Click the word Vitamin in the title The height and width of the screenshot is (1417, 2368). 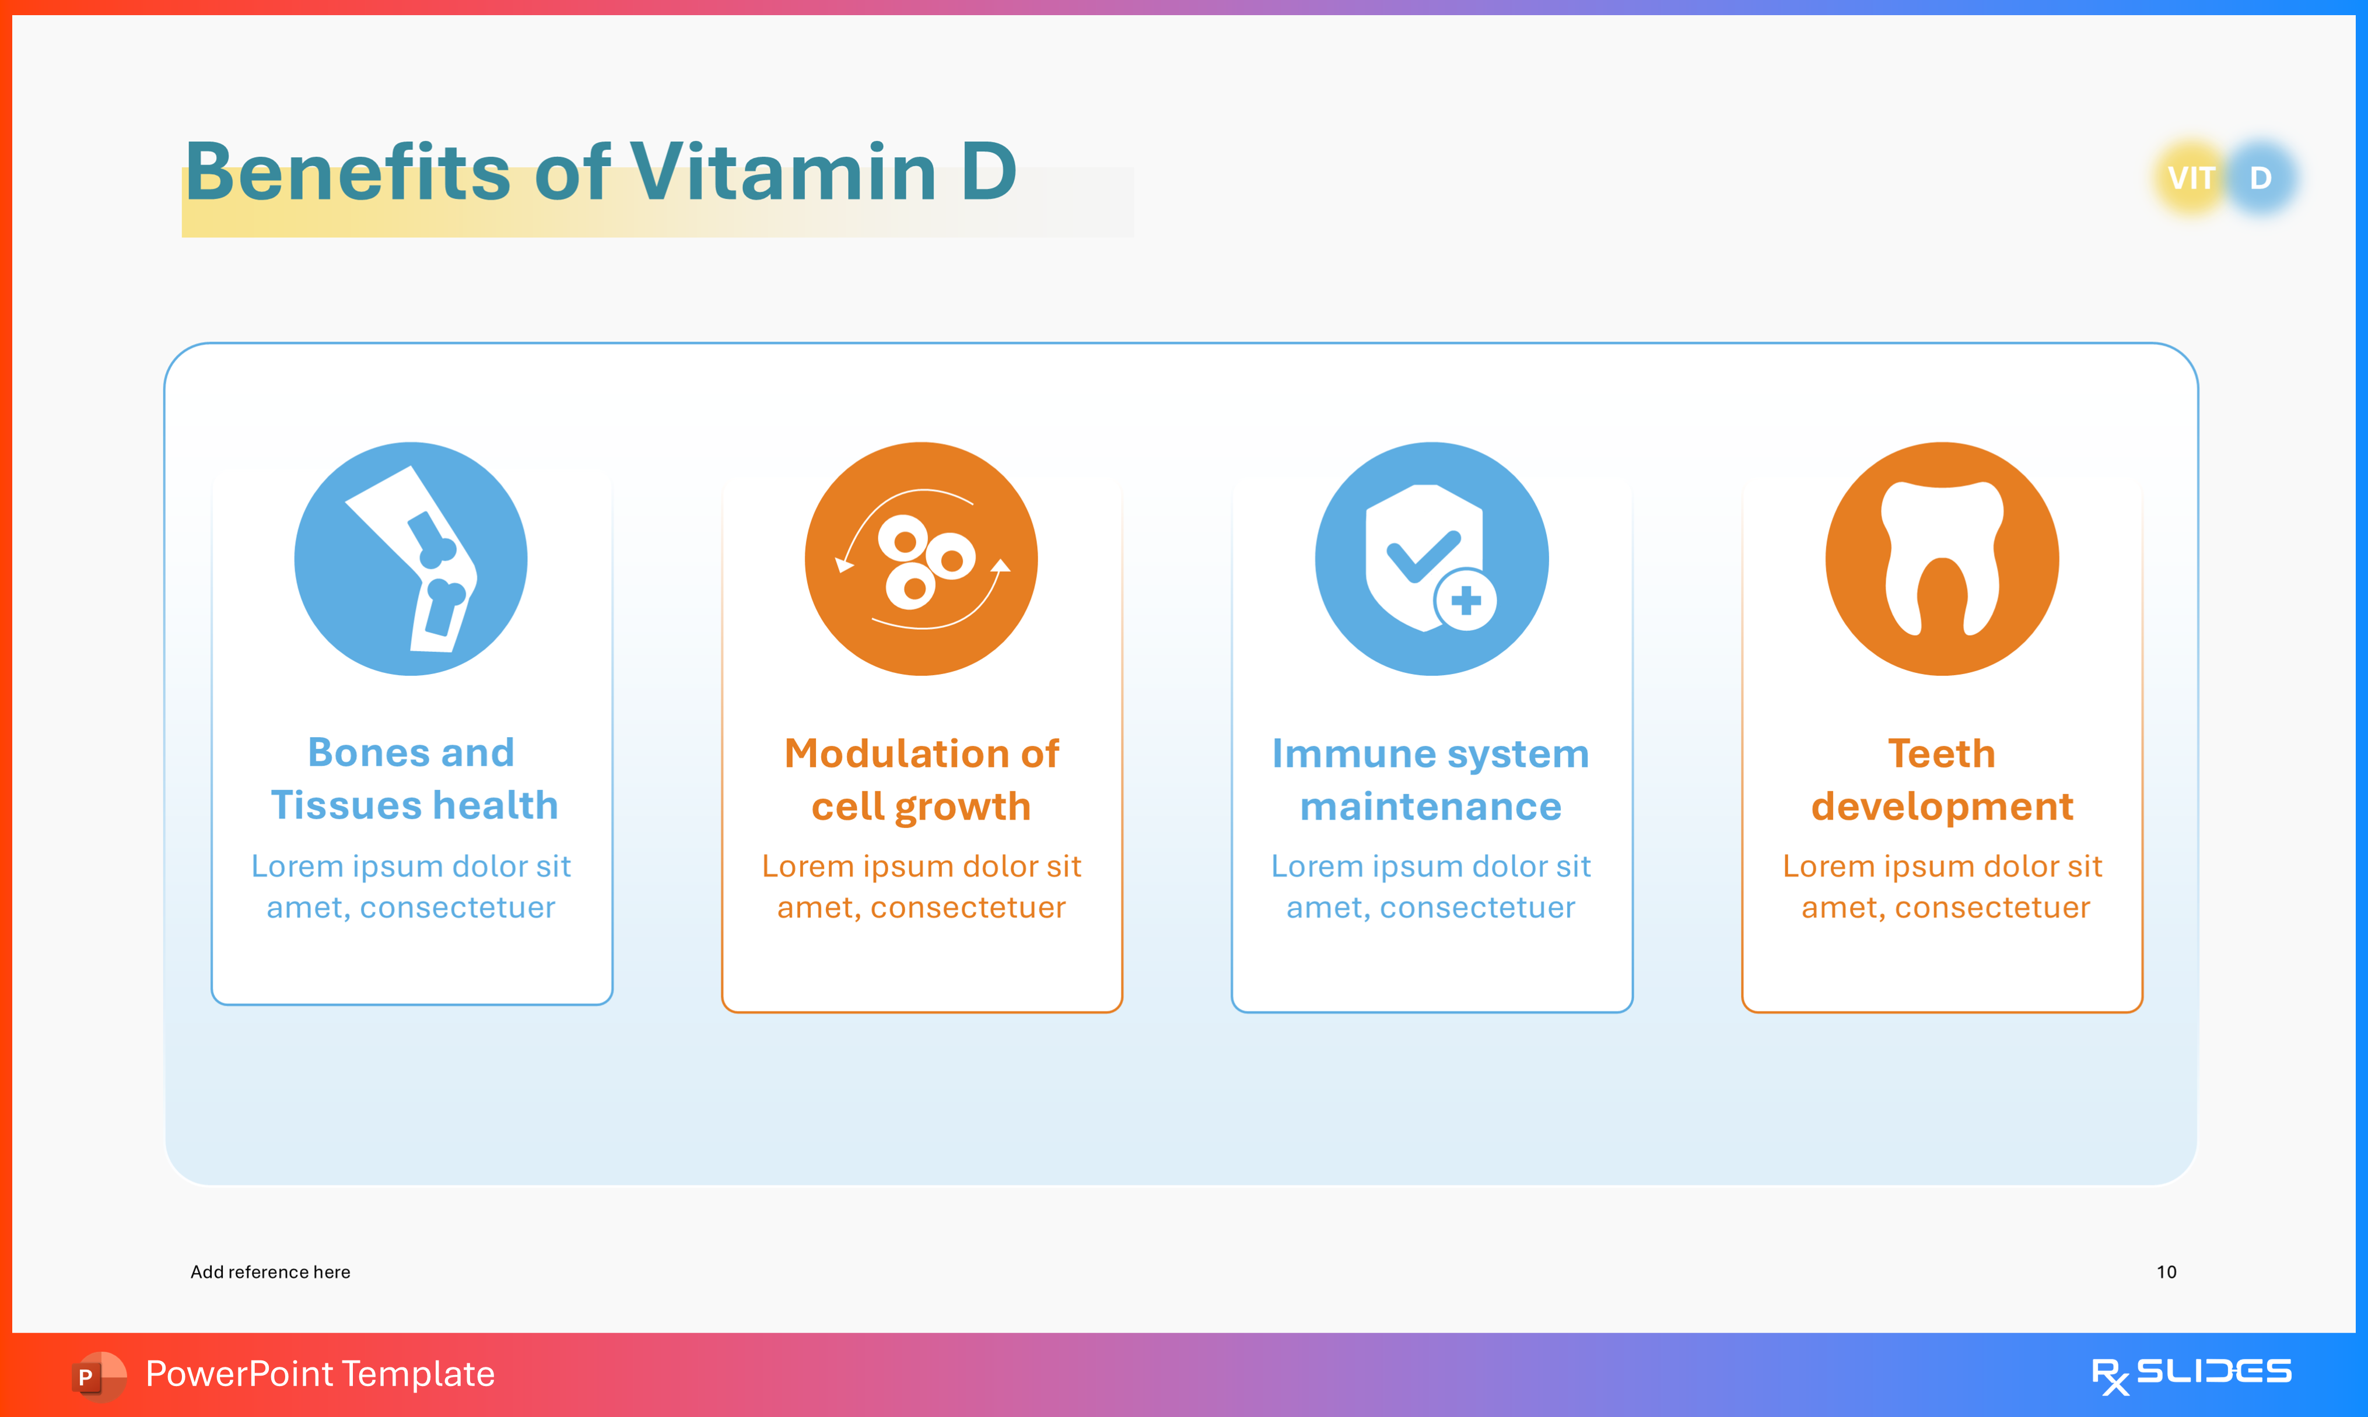click(783, 173)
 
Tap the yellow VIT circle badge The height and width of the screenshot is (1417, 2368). click(2191, 178)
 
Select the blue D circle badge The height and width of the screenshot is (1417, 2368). click(2261, 178)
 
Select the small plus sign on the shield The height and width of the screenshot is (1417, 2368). click(1466, 601)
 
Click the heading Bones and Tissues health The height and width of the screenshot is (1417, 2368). click(412, 778)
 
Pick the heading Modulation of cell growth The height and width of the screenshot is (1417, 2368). click(922, 779)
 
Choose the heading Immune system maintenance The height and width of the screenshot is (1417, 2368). click(1430, 779)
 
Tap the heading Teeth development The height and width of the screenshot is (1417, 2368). click(1942, 779)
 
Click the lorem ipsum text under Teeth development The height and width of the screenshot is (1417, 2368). click(1943, 886)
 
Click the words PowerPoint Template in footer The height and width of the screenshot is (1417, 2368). click(320, 1374)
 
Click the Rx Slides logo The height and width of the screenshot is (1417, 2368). click(2191, 1374)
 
